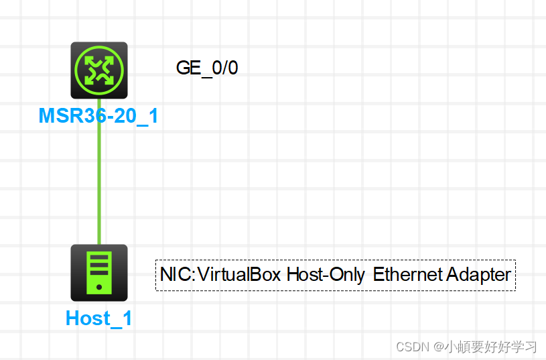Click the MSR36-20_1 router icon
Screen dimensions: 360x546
pos(99,70)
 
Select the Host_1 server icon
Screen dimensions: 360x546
pos(99,272)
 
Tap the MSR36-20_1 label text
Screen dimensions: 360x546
pos(98,116)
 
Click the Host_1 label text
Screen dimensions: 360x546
pos(98,318)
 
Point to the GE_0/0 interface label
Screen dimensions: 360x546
pos(206,68)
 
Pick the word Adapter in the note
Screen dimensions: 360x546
pos(478,275)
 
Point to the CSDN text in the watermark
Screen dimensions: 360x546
pos(412,347)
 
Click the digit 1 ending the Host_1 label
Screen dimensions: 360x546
pos(126,318)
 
